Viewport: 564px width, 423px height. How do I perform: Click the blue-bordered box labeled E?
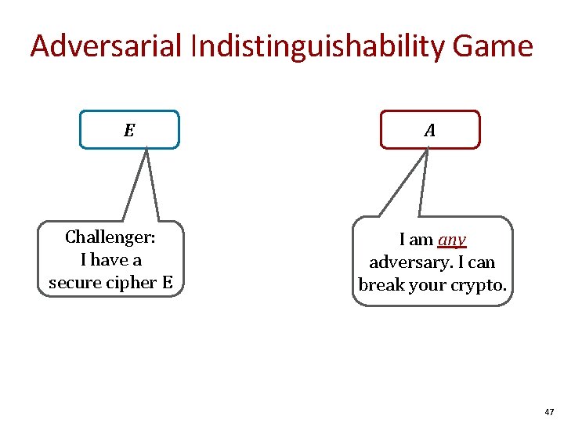[129, 129]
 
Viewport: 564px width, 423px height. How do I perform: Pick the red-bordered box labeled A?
[430, 129]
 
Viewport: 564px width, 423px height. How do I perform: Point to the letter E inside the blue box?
[129, 130]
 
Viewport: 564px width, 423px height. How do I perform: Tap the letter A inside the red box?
[430, 130]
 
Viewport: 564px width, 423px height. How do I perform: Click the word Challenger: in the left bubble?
[110, 237]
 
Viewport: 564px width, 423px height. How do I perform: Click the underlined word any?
[452, 239]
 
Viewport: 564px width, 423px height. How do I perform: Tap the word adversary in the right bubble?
[410, 262]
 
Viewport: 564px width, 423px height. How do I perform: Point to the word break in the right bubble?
[381, 284]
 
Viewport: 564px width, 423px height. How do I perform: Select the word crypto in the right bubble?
[478, 284]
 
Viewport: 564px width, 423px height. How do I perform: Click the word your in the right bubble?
[426, 284]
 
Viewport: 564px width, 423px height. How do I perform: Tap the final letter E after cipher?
[167, 282]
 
